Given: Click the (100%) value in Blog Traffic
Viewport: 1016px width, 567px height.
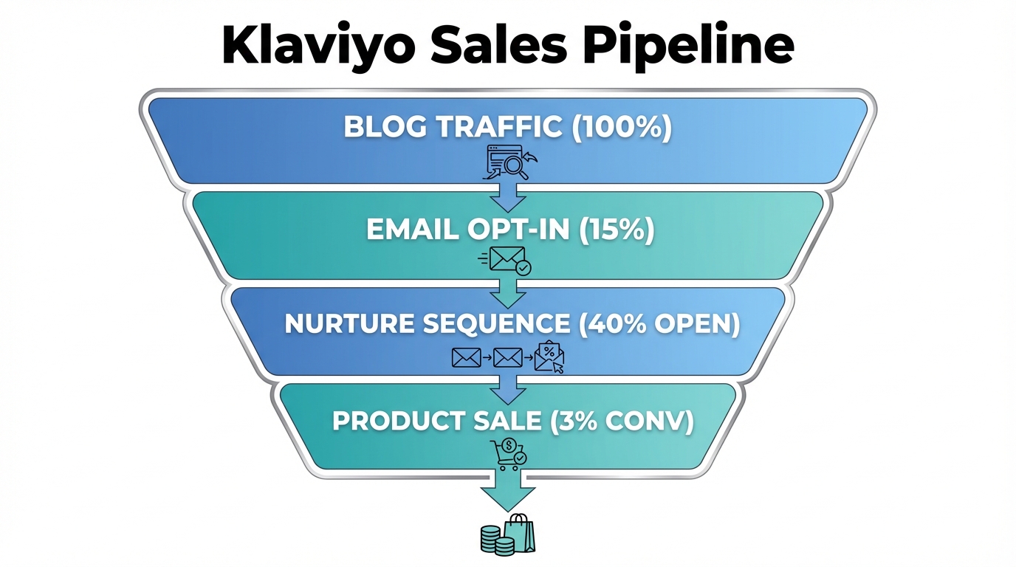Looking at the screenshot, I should [x=622, y=127].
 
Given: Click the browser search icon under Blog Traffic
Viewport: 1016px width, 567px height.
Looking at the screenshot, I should [x=509, y=162].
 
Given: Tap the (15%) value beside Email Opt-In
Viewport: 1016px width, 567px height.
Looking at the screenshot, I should [x=618, y=230].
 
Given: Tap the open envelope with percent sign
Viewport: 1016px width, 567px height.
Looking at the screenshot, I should [x=549, y=357].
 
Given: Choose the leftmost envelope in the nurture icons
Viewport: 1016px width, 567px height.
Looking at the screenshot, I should [x=466, y=358].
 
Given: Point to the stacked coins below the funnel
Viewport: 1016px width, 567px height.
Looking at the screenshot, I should [x=492, y=540].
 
